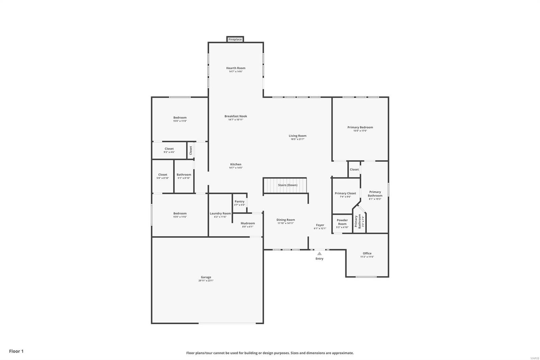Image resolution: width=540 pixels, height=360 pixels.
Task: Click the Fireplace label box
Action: pyautogui.click(x=235, y=40)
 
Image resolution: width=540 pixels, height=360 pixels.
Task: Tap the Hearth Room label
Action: pyautogui.click(x=236, y=68)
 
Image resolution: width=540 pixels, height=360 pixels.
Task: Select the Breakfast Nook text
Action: pyautogui.click(x=236, y=116)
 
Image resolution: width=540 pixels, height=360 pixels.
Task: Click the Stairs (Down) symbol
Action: pyautogui.click(x=285, y=185)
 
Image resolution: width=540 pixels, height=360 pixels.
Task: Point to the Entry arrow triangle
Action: pyautogui.click(x=319, y=253)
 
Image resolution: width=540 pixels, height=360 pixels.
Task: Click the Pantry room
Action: pyautogui.click(x=239, y=203)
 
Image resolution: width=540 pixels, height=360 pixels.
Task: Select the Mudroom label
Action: pyautogui.click(x=248, y=223)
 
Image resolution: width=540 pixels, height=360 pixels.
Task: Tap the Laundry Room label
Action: pyautogui.click(x=220, y=213)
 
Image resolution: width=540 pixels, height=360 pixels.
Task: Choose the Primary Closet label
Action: pyautogui.click(x=345, y=194)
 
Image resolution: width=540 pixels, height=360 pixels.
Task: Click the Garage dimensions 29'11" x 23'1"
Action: pyautogui.click(x=206, y=281)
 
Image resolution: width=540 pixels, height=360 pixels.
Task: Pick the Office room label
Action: pyautogui.click(x=367, y=253)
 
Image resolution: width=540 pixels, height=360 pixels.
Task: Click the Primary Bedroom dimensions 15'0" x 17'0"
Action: pyautogui.click(x=360, y=131)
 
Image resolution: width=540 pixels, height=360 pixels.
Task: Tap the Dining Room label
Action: pyautogui.click(x=286, y=220)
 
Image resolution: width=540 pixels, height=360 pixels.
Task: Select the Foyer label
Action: pyautogui.click(x=320, y=225)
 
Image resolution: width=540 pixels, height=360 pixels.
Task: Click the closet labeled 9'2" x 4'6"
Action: pyautogui.click(x=169, y=150)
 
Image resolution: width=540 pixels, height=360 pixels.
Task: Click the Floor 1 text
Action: pyautogui.click(x=16, y=351)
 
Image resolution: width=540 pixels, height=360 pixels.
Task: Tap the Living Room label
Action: pyautogui.click(x=297, y=136)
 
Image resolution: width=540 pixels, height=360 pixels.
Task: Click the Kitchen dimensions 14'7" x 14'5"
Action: pyautogui.click(x=236, y=168)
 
